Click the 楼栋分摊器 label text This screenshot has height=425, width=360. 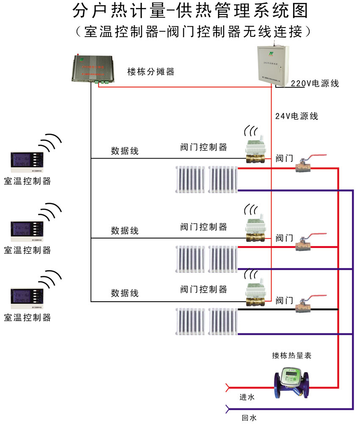pyautogui.click(x=151, y=72)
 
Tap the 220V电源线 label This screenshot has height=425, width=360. pyautogui.click(x=315, y=83)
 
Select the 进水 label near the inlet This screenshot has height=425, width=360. pyautogui.click(x=247, y=397)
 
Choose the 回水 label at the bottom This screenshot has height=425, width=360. pyautogui.click(x=249, y=418)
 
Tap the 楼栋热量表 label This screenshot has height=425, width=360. pyautogui.click(x=292, y=356)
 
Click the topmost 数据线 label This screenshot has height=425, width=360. pyautogui.click(x=125, y=151)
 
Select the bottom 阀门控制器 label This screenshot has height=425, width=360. pyautogui.click(x=203, y=289)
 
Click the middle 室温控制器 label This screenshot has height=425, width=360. pyautogui.click(x=27, y=250)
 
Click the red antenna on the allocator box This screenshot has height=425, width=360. pyautogui.click(x=77, y=56)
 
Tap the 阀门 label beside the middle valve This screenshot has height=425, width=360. pyautogui.click(x=284, y=239)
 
